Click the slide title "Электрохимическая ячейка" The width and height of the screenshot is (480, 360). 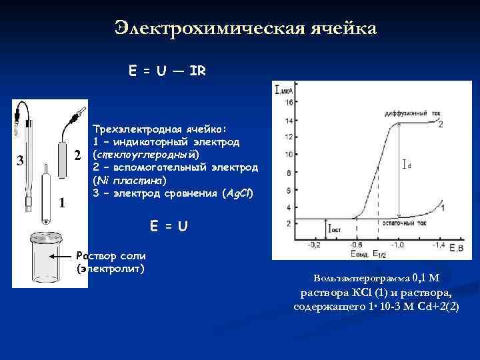[245, 28]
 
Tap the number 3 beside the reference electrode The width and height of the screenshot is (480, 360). [21, 160]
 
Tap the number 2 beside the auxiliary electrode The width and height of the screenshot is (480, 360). [77, 155]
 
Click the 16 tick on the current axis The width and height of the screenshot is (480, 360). [289, 103]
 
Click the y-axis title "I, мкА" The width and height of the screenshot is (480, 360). [285, 89]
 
